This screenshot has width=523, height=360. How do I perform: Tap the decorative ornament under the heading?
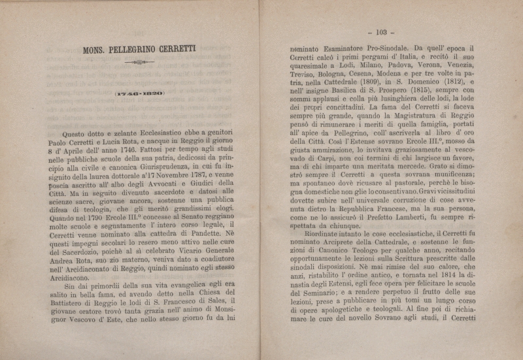tap(139, 63)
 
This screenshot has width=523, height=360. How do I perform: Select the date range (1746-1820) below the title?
tap(139, 93)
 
